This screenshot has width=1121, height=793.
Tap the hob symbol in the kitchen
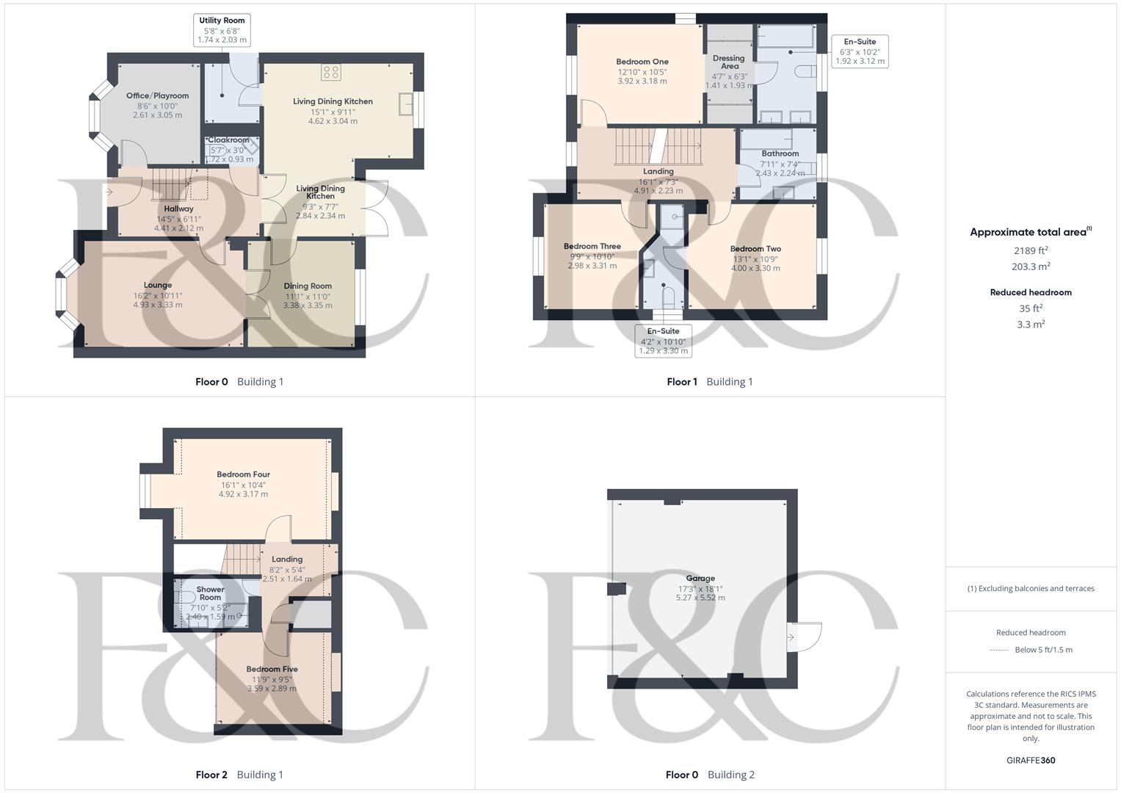pos(331,71)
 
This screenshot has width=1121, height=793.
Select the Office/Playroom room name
pos(157,95)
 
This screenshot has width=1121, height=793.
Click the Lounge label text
pos(158,285)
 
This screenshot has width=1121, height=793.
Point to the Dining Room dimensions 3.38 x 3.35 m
pos(308,305)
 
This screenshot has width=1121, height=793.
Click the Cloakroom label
pos(228,140)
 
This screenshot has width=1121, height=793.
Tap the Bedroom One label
pos(642,62)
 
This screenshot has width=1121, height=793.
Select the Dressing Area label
pos(728,62)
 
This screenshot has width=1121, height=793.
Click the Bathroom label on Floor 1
pos(780,153)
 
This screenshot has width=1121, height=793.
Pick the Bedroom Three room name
pos(592,246)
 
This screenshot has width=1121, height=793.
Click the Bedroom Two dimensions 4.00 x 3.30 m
pos(755,268)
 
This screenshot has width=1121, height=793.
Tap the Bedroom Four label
pos(243,474)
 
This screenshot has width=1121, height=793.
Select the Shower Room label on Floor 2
pos(210,593)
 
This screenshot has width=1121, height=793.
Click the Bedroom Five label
pos(272,669)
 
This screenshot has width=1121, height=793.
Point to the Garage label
pos(700,578)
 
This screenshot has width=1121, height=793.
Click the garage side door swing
pos(806,637)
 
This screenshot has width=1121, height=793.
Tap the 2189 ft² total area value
pos(1031,250)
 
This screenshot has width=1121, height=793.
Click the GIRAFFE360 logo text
pos(1031,760)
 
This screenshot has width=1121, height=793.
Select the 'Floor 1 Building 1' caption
pos(709,382)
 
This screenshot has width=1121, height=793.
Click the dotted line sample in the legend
pos(999,650)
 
